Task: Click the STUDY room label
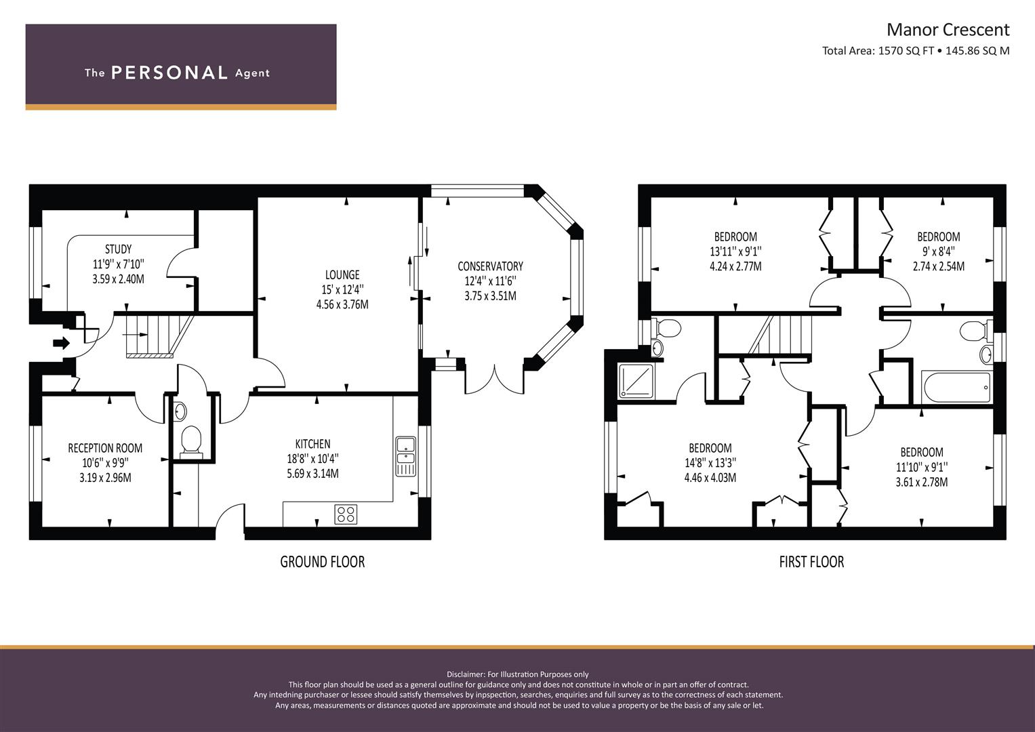(119, 249)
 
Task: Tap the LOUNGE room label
(342, 275)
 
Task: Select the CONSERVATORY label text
(490, 266)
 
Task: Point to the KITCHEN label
(313, 444)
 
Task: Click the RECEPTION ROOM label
(105, 448)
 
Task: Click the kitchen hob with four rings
(346, 514)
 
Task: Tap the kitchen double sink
(406, 457)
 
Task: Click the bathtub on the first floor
(956, 388)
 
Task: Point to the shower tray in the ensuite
(636, 381)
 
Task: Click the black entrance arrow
(62, 343)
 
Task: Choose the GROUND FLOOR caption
(323, 562)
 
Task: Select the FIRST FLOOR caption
(811, 562)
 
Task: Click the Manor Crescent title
(948, 30)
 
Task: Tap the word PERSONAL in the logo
(169, 73)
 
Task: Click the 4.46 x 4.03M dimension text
(710, 478)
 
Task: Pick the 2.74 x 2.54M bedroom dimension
(939, 266)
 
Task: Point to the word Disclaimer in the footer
(466, 674)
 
